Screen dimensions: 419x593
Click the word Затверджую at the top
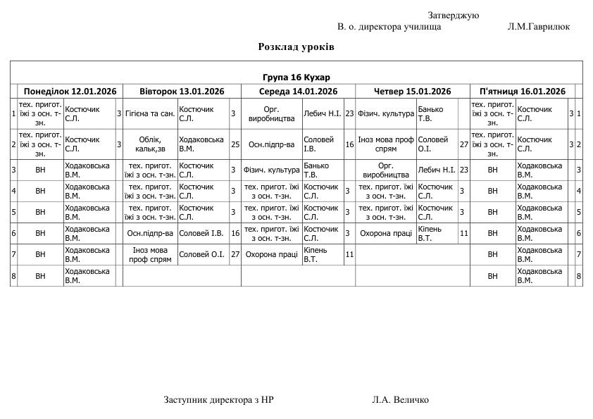[x=453, y=15]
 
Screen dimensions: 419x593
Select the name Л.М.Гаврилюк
[x=538, y=27]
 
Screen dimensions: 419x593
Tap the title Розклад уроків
[x=296, y=46]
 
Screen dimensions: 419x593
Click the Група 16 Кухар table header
[x=296, y=77]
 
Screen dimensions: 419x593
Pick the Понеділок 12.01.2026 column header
[x=70, y=91]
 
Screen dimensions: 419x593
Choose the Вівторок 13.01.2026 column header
[x=182, y=91]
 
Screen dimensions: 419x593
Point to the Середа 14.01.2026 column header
[x=298, y=91]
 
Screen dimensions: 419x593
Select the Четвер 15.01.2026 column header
[x=412, y=91]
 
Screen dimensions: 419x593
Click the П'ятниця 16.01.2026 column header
[x=522, y=91]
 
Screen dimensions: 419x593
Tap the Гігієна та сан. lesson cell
[x=150, y=113]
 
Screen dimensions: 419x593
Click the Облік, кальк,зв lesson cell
[x=150, y=144]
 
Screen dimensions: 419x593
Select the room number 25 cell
[x=235, y=144]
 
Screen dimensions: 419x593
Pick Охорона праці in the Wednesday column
[x=271, y=254]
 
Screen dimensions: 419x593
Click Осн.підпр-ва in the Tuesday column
[x=150, y=233]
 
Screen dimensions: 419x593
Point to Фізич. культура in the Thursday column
[x=385, y=113]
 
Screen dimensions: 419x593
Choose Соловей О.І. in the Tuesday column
[x=203, y=254]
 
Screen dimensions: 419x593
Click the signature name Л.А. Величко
[x=400, y=399]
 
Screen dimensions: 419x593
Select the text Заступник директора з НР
[x=218, y=399]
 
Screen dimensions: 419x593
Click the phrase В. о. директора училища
[x=389, y=27]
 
